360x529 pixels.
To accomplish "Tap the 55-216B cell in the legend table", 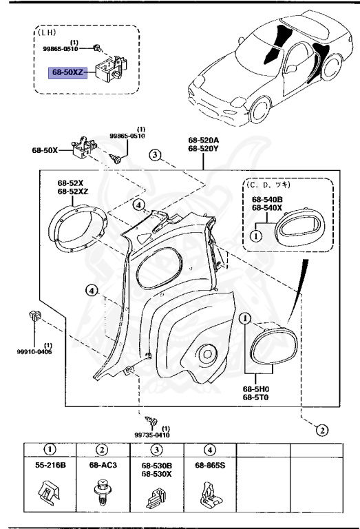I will click(x=51, y=466).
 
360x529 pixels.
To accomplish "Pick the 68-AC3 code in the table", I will click(x=101, y=466).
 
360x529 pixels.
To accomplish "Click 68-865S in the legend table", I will click(x=209, y=466).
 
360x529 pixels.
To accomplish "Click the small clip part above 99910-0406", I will click(x=34, y=317).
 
